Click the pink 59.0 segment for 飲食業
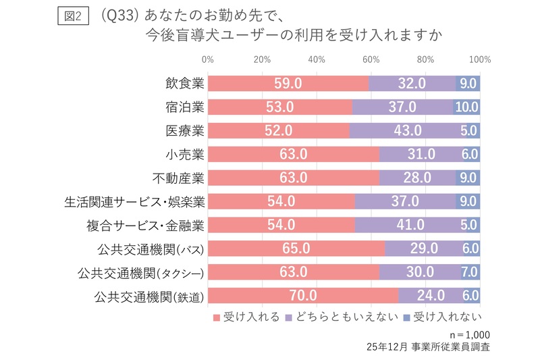pyautogui.click(x=288, y=83)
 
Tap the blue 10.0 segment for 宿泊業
pyautogui.click(x=466, y=107)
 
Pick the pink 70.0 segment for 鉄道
pyautogui.click(x=303, y=295)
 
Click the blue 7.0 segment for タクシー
pyautogui.click(x=470, y=272)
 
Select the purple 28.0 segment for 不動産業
pyautogui.click(x=417, y=178)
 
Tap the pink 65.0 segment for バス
pyautogui.click(x=296, y=248)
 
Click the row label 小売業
pyautogui.click(x=184, y=154)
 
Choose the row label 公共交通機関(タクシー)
pyautogui.click(x=140, y=272)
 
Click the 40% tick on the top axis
pyautogui.click(x=317, y=59)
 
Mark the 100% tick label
pyautogui.click(x=479, y=59)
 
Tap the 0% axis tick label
pyautogui.click(x=208, y=59)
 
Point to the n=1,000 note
pyautogui.click(x=468, y=334)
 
